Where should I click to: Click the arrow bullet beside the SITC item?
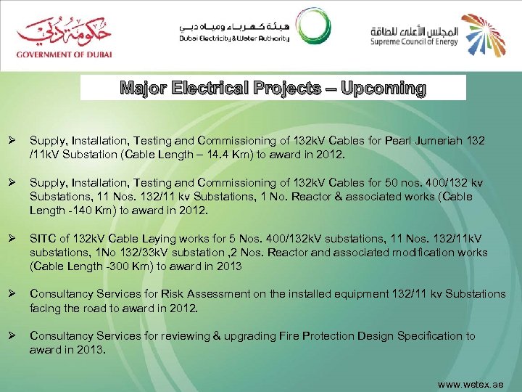click(x=12, y=239)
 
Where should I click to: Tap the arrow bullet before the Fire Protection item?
click(x=12, y=335)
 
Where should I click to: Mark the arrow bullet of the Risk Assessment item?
click(x=12, y=293)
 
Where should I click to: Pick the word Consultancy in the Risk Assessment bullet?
click(x=59, y=293)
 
